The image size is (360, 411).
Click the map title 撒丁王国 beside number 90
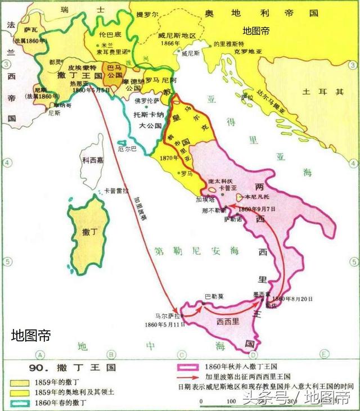[x=90, y=368]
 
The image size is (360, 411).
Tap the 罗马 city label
[x=190, y=174]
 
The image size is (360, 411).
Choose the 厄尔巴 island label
[x=127, y=150]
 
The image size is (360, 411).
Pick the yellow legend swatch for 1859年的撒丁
[x=21, y=382]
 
